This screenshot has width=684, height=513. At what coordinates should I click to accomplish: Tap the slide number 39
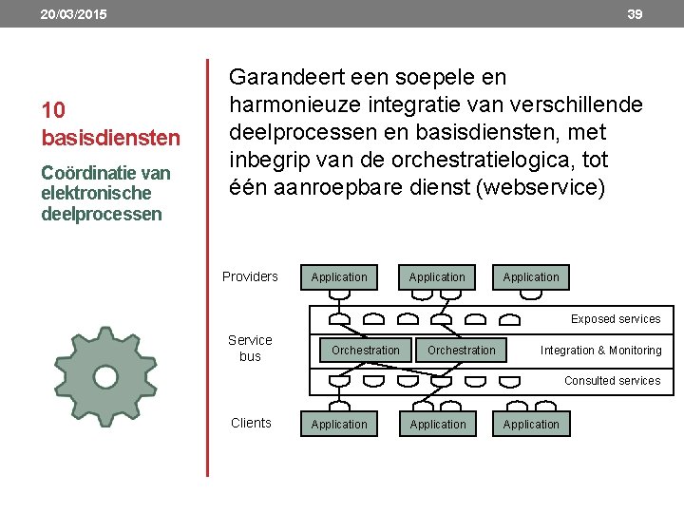(x=635, y=14)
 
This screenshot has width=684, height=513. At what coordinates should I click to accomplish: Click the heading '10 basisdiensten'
(x=110, y=124)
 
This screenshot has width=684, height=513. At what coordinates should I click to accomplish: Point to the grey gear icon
(x=105, y=377)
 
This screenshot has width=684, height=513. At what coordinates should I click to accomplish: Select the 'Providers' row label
(x=250, y=276)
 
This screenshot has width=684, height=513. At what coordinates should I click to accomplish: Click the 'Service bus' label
(x=250, y=348)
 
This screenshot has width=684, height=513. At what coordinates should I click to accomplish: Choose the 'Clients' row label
(x=251, y=423)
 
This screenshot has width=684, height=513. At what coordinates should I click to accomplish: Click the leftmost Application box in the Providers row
(x=339, y=276)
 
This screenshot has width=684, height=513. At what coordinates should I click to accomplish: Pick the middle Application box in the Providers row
(x=437, y=276)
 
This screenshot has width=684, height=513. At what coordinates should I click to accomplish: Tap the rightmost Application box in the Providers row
(x=531, y=276)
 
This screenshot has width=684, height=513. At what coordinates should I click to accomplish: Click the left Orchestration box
(x=366, y=350)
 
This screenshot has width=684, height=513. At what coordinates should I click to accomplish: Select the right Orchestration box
(x=462, y=350)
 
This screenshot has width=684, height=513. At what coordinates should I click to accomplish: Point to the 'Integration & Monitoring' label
(x=601, y=351)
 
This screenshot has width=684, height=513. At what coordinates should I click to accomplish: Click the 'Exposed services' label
(x=616, y=319)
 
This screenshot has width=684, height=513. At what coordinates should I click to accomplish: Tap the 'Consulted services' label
(x=613, y=381)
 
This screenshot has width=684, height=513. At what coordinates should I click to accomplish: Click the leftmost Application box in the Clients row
(x=339, y=424)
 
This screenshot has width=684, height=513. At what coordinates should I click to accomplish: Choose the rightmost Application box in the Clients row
(x=531, y=424)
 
